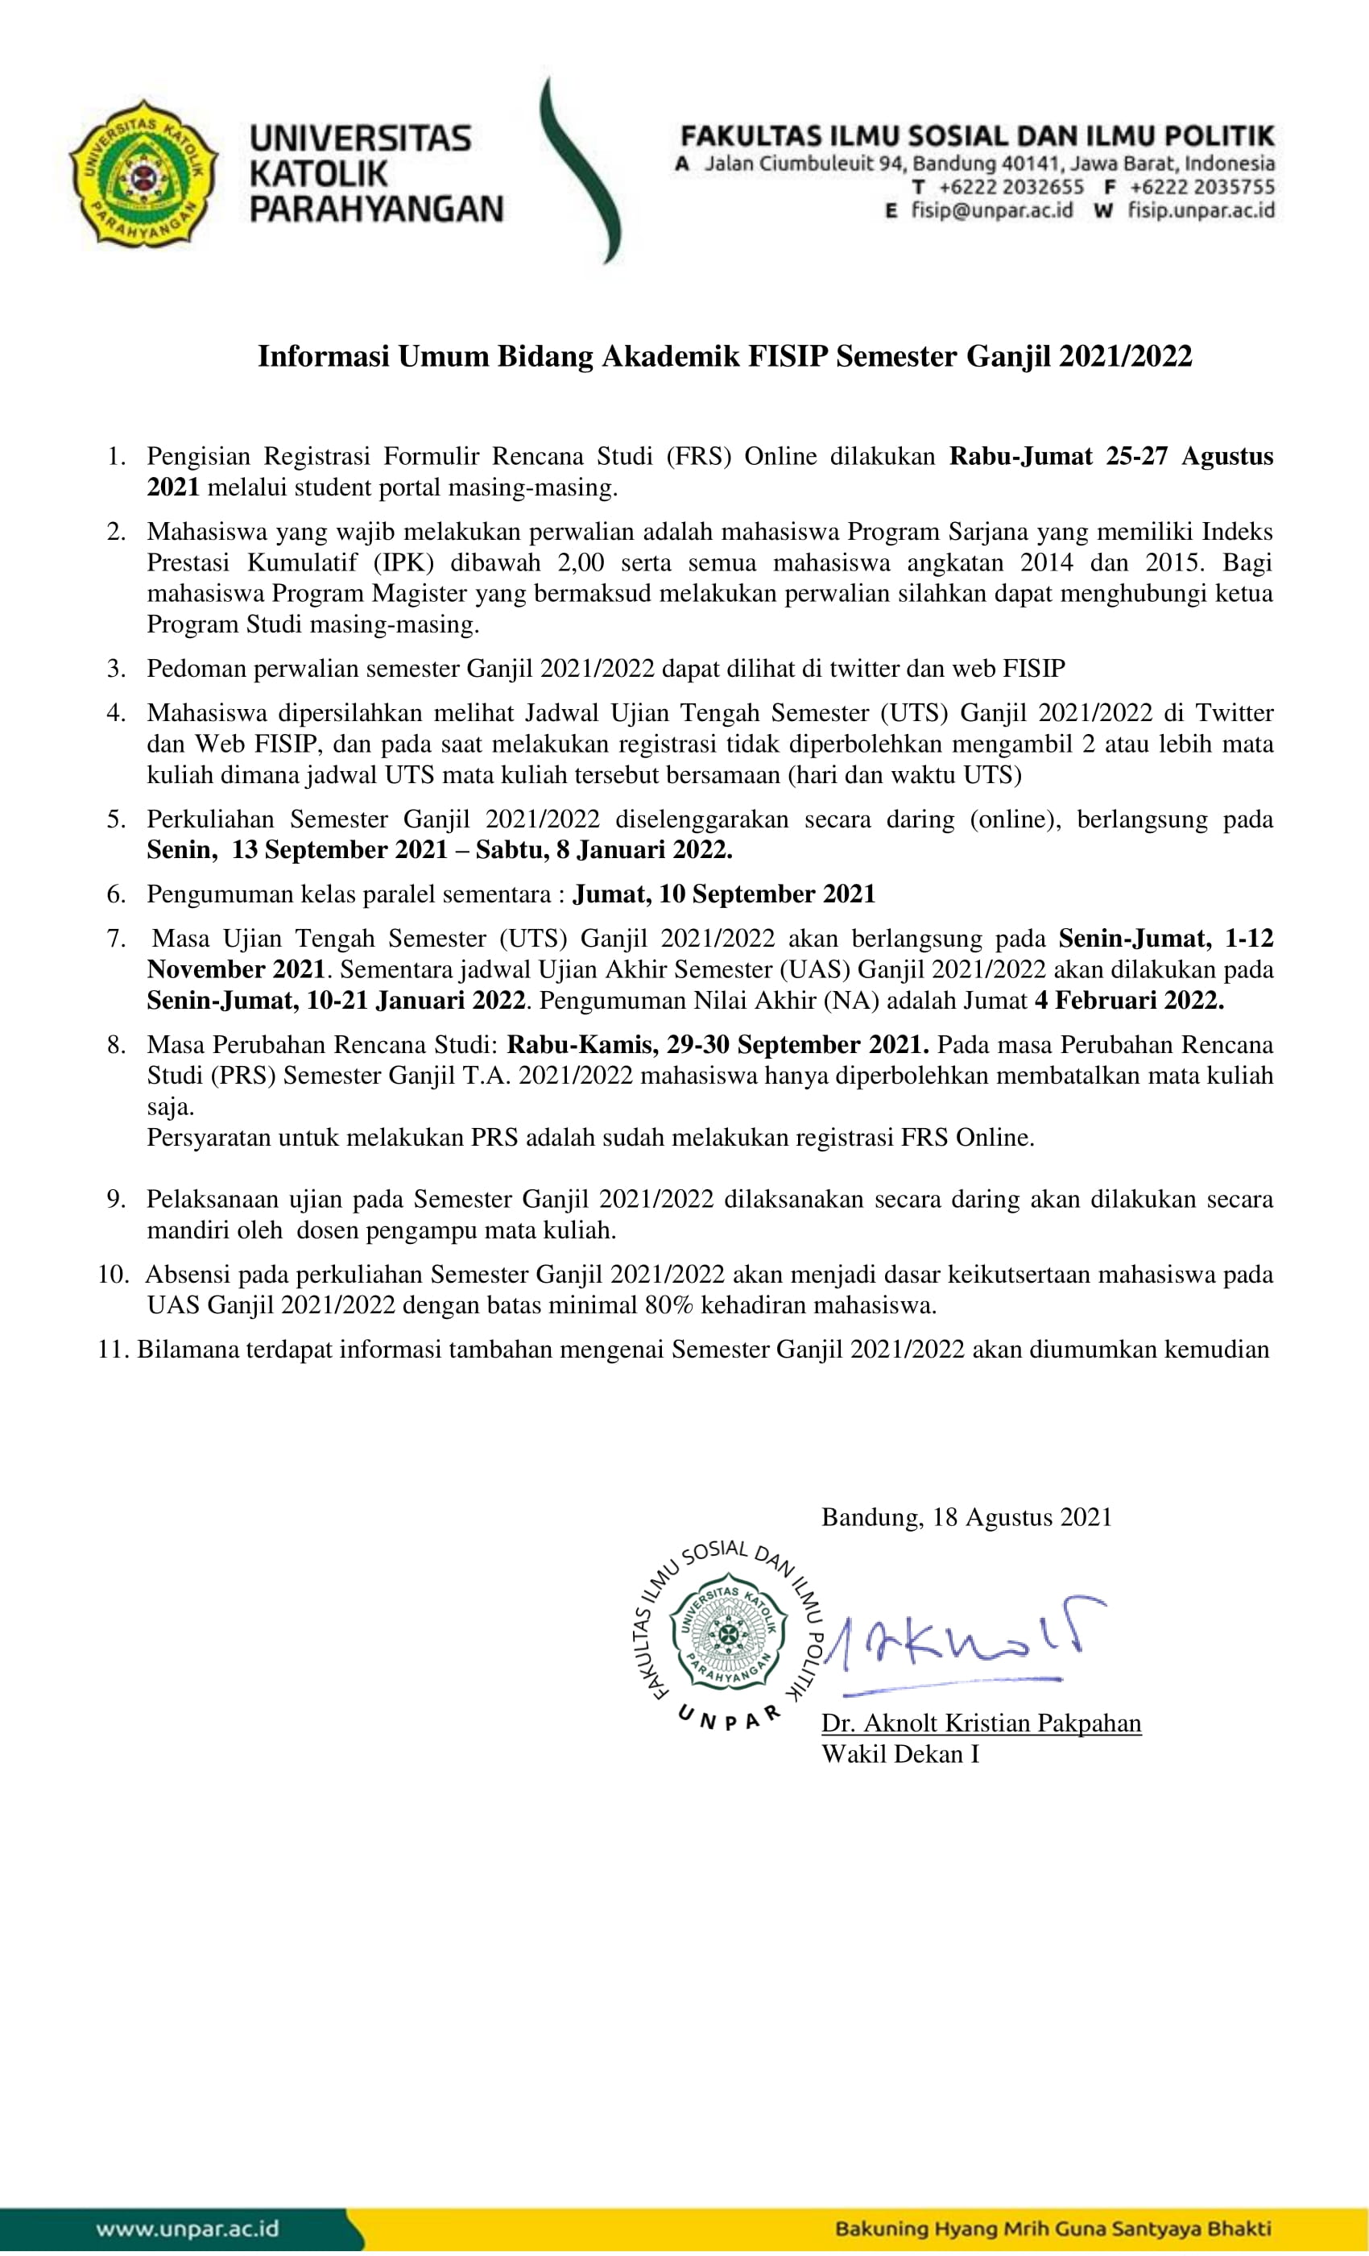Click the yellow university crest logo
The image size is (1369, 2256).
click(x=143, y=173)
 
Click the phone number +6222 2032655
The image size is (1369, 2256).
click(x=1011, y=188)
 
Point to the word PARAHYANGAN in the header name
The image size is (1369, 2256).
click(x=376, y=209)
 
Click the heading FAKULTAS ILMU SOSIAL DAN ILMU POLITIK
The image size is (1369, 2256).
click(x=976, y=136)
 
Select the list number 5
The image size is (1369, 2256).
click(x=116, y=819)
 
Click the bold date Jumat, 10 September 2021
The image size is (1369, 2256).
click(x=724, y=894)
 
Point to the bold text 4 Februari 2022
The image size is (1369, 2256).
click(x=1129, y=1000)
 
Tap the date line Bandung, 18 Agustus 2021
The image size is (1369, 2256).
click(x=966, y=1517)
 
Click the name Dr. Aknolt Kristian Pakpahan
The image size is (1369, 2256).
click(x=981, y=1723)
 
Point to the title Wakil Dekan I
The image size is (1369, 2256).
click(x=900, y=1754)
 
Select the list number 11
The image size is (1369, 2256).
click(x=114, y=1350)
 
